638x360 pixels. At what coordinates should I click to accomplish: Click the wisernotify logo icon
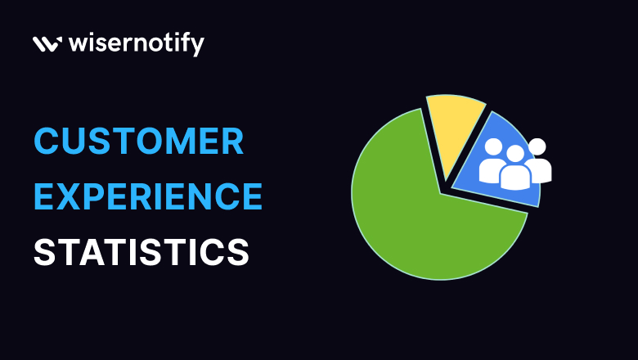click(x=45, y=44)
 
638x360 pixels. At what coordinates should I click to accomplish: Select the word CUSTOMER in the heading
click(x=138, y=143)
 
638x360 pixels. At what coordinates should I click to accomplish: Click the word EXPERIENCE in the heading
click(x=148, y=197)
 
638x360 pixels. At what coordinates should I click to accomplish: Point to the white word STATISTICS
click(x=141, y=252)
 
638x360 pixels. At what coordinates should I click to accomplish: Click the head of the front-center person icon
click(x=514, y=153)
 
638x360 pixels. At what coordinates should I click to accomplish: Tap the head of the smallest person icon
click(x=537, y=146)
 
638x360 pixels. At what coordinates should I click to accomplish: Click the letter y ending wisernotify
click(x=197, y=46)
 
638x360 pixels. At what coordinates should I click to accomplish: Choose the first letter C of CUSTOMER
click(x=46, y=143)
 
